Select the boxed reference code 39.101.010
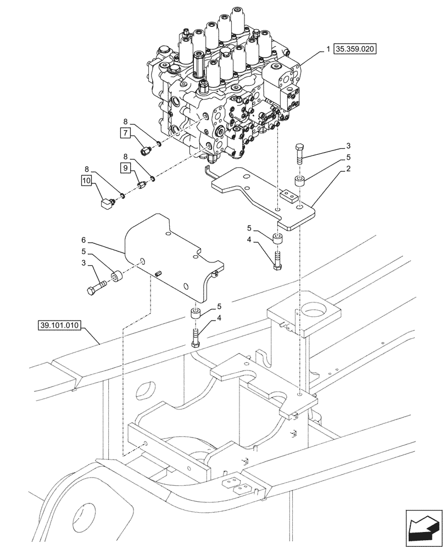click(x=59, y=325)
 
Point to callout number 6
click(x=83, y=240)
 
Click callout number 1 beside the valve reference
click(x=328, y=49)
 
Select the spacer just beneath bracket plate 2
click(x=277, y=239)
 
